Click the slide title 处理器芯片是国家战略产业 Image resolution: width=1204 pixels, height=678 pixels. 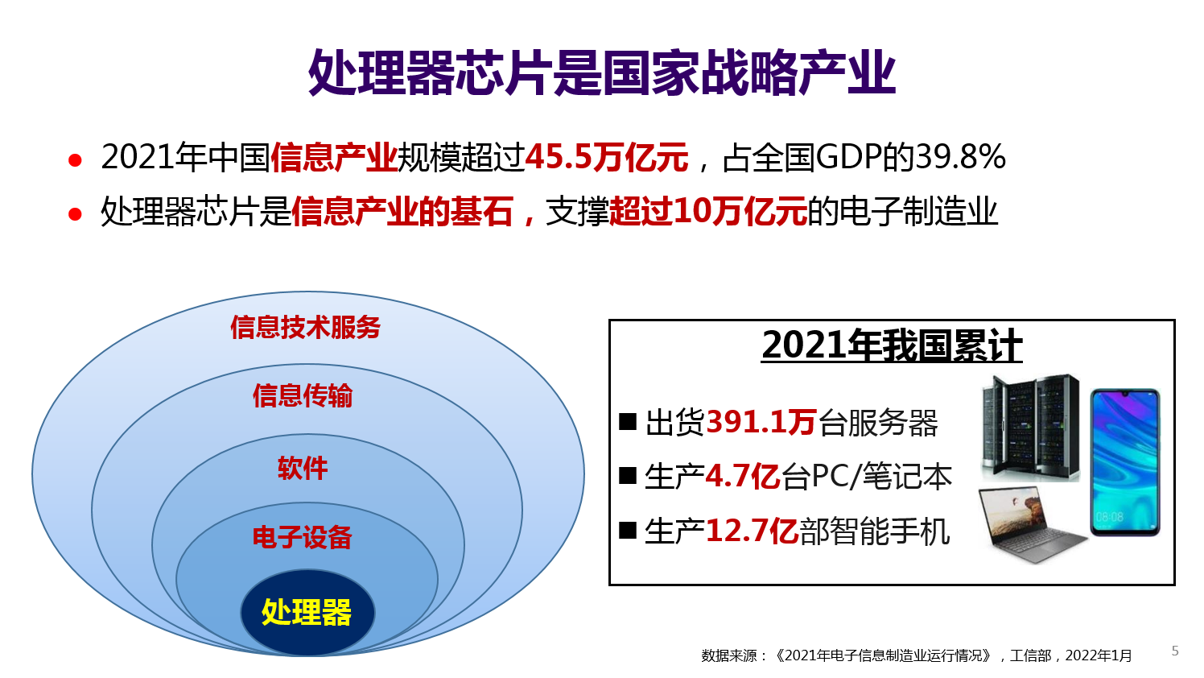point(602,73)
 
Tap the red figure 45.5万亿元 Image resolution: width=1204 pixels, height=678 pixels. point(607,158)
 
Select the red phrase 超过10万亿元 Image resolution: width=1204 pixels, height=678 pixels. point(708,211)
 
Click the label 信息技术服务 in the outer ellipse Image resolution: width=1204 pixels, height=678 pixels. point(305,327)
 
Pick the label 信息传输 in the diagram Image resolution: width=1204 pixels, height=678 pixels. point(303,395)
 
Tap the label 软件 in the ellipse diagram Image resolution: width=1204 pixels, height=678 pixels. point(303,468)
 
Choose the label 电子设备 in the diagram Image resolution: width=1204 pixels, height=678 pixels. point(302,537)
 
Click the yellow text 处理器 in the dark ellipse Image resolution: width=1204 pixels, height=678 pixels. point(307,612)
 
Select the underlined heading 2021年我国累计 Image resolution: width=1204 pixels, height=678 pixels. point(892,345)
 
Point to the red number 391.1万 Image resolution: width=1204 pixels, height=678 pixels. point(761,422)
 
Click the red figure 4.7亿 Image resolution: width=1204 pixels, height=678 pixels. point(742,477)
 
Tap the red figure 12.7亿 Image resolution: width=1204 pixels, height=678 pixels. point(752,531)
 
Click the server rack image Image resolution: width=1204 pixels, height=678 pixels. point(1030,428)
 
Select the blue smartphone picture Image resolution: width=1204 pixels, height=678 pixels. point(1125,462)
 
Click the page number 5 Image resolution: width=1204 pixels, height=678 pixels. point(1175,651)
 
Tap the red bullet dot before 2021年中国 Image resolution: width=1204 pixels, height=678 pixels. point(76,160)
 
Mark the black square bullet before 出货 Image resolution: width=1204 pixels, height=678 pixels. point(628,421)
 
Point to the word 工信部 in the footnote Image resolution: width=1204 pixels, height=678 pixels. point(1030,655)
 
